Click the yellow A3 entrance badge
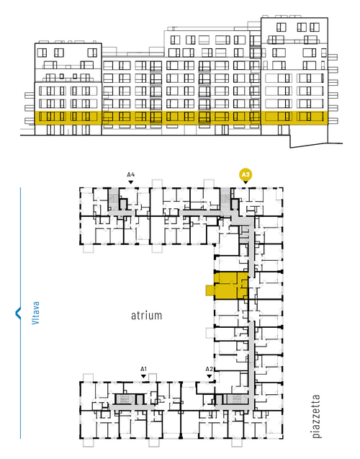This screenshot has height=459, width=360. pyautogui.click(x=246, y=175)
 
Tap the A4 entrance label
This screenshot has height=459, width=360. pyautogui.click(x=131, y=175)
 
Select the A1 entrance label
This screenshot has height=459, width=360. pyautogui.click(x=143, y=369)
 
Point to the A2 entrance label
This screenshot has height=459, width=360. pyautogui.click(x=209, y=369)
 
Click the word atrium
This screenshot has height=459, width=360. pyautogui.click(x=146, y=316)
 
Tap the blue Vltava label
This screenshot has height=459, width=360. pyautogui.click(x=35, y=313)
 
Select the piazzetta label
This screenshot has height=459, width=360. pyautogui.click(x=316, y=416)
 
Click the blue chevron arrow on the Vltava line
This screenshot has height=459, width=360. pyautogui.click(x=18, y=313)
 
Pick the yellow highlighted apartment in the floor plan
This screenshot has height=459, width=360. pyautogui.click(x=231, y=285)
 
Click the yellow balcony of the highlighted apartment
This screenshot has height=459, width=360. pyautogui.click(x=210, y=290)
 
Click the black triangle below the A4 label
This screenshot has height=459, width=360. pyautogui.click(x=131, y=182)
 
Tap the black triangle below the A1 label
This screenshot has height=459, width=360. pyautogui.click(x=143, y=376)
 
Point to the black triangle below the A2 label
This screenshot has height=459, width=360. pyautogui.click(x=209, y=376)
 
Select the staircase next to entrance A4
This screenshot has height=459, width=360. pyautogui.click(x=113, y=199)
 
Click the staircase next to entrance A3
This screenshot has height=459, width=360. pyautogui.click(x=225, y=199)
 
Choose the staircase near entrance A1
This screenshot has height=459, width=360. pyautogui.click(x=125, y=399)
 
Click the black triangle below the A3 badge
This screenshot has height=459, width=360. pyautogui.click(x=246, y=182)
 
